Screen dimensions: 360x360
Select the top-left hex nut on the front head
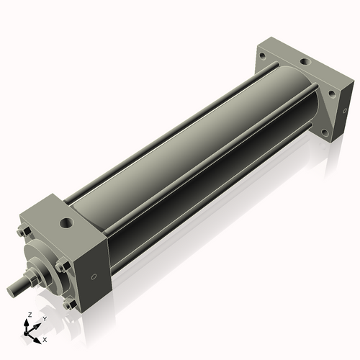tap(21, 233)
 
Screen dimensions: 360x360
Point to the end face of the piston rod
tap(11, 290)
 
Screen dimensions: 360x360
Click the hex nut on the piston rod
tap(32, 277)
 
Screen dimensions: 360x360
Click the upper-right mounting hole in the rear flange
tap(332, 93)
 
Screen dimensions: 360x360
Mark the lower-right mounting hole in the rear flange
tap(325, 132)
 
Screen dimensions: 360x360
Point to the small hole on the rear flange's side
tap(344, 110)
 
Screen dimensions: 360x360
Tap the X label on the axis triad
tap(45, 338)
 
